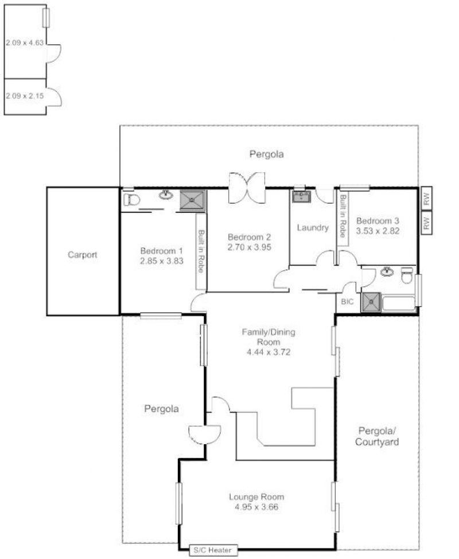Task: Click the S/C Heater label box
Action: [x=213, y=550]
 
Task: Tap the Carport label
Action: [x=82, y=255]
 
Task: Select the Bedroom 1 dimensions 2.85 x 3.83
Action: [x=161, y=261]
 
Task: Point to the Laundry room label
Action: [x=313, y=227]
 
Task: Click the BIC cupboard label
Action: [x=347, y=302]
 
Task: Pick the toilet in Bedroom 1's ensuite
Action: [x=131, y=200]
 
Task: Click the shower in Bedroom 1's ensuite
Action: [x=192, y=201]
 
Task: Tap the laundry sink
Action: [x=301, y=196]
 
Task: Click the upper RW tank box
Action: [x=426, y=198]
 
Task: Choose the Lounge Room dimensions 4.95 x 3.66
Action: [x=256, y=507]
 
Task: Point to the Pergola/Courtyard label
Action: [x=377, y=436]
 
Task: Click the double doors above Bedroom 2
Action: [x=247, y=188]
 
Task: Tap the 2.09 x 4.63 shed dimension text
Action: [x=25, y=43]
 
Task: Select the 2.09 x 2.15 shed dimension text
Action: [x=25, y=96]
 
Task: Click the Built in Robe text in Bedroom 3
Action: [x=343, y=216]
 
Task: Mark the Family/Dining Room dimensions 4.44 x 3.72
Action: [x=269, y=352]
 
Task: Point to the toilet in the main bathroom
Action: [x=407, y=275]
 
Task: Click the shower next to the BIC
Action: [x=371, y=302]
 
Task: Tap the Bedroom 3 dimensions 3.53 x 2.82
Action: [x=378, y=231]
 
